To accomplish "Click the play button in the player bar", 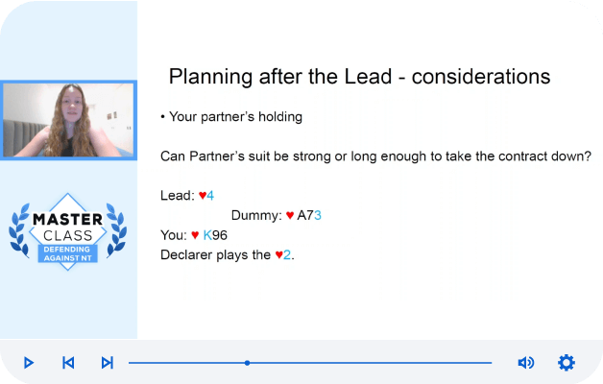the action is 29,363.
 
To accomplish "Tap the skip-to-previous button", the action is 68,363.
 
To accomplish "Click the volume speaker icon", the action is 525,363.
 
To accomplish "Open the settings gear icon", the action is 567,363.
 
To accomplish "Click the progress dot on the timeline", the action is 248,363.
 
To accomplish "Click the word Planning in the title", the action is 210,77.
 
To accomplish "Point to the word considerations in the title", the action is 481,77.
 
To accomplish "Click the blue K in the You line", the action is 207,235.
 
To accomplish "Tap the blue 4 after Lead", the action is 210,196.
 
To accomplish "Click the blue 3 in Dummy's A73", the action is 318,215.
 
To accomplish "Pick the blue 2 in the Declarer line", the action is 287,254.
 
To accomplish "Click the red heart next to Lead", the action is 203,196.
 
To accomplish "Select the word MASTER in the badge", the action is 67,220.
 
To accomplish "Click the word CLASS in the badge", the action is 67,235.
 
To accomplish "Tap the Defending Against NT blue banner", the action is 67,253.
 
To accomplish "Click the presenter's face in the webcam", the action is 72,104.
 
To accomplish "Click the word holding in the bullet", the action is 280,117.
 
